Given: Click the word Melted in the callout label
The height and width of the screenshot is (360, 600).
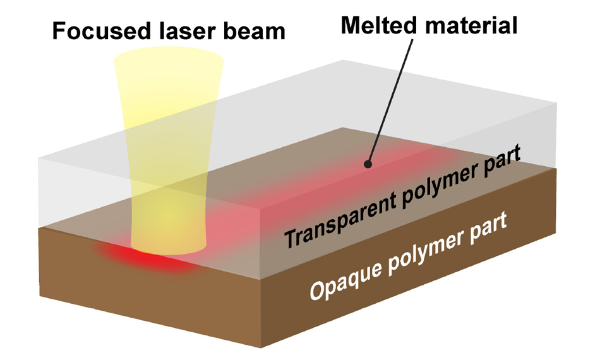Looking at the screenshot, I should pyautogui.click(x=379, y=25).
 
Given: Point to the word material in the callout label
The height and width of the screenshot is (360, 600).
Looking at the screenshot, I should pyautogui.click(x=471, y=25).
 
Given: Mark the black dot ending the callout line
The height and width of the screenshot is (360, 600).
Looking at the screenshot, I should pyautogui.click(x=368, y=164).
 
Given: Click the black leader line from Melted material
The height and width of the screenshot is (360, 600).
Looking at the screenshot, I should pyautogui.click(x=392, y=101).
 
